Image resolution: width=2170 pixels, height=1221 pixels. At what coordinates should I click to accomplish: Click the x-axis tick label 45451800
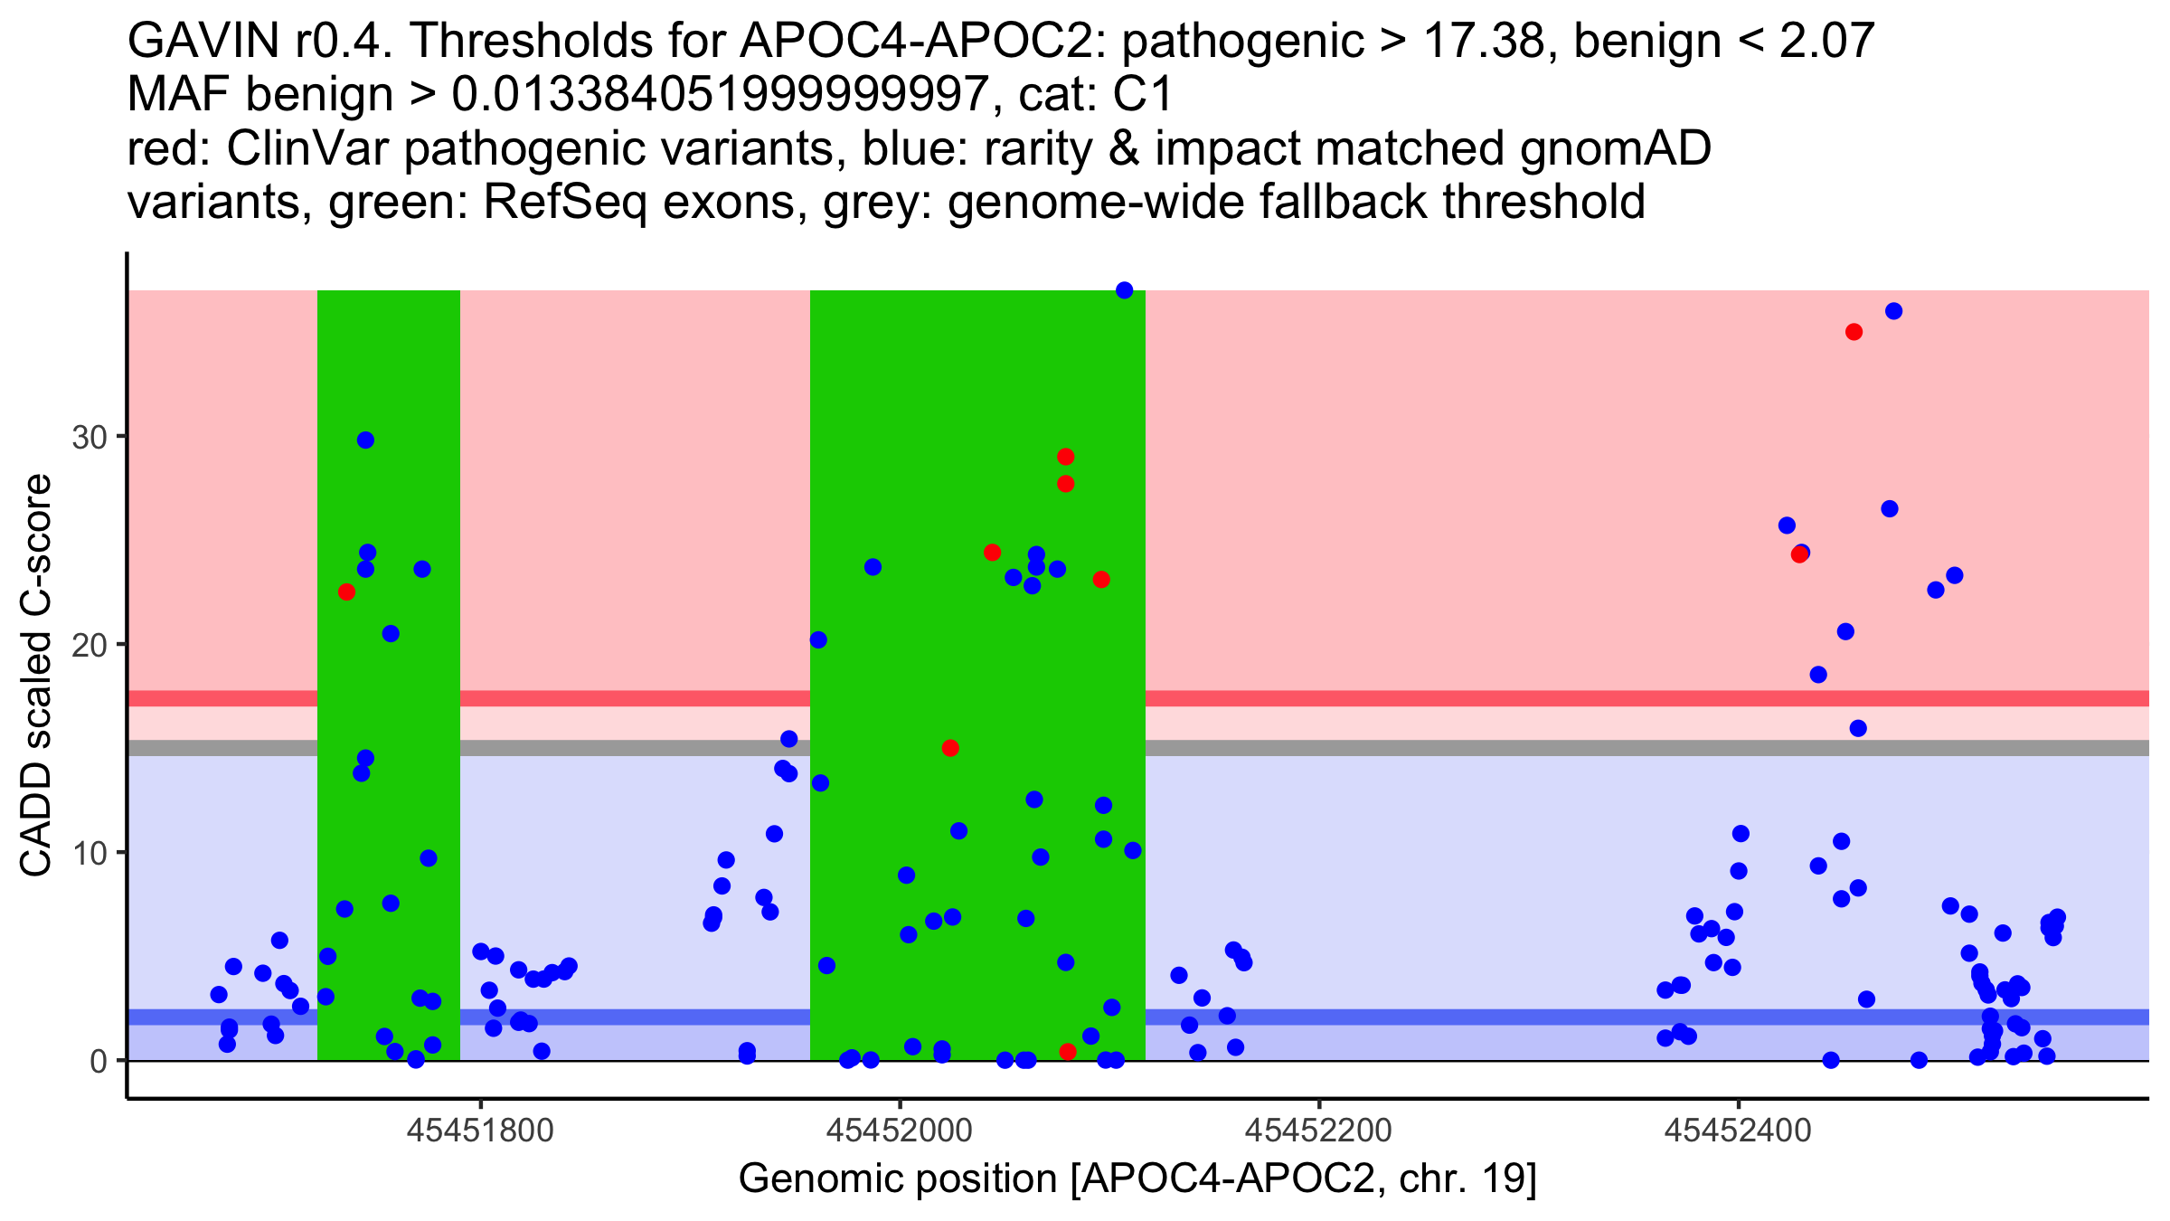pos(480,1131)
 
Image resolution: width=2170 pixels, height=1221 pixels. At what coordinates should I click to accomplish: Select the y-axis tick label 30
pos(89,438)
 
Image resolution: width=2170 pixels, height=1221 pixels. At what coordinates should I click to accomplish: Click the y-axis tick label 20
pos(89,646)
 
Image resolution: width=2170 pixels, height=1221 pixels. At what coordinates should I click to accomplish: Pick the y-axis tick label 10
pos(89,853)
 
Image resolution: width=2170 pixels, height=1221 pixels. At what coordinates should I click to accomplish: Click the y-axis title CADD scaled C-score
pos(36,677)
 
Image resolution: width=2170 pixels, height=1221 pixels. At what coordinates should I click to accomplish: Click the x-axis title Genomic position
pos(1137,1179)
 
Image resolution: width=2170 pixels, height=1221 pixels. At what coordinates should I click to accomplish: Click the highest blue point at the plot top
pos(1124,290)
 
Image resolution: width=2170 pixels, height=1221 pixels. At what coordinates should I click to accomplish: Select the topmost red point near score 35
pos(1854,332)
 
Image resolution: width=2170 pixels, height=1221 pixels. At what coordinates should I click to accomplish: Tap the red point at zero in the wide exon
pos(1067,1052)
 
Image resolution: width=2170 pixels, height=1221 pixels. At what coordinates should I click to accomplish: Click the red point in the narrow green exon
pos(346,592)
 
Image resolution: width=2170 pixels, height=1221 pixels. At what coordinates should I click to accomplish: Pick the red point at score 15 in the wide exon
pos(949,748)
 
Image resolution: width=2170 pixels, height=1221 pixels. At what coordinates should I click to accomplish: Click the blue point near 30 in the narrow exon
pos(365,440)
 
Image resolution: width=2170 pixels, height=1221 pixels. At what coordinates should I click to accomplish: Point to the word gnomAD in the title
pos(1615,148)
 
